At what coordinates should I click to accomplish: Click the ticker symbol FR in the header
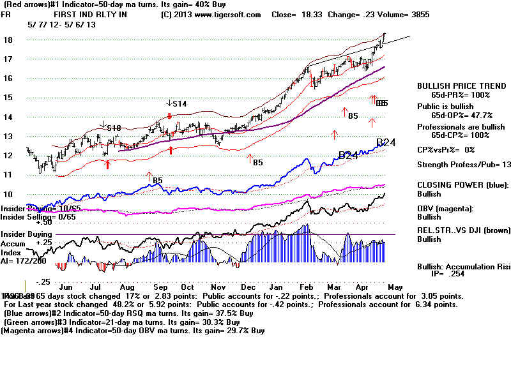pyautogui.click(x=7, y=15)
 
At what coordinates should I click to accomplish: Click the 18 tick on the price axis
pyautogui.click(x=7, y=40)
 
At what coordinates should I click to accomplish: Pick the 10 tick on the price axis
pyautogui.click(x=7, y=194)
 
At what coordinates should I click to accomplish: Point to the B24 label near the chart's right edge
pyautogui.click(x=386, y=143)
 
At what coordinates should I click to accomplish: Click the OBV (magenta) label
pyautogui.click(x=446, y=209)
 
